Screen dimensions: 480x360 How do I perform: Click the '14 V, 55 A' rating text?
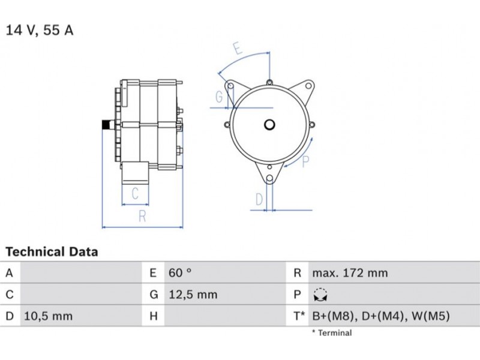(40, 30)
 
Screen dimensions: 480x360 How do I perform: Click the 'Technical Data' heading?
(52, 251)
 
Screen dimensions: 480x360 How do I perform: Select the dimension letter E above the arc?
(238, 47)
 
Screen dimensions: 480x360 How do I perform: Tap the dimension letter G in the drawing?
(219, 97)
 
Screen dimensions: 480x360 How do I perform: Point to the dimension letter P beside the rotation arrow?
(305, 161)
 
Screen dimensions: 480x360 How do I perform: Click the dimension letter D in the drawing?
(259, 200)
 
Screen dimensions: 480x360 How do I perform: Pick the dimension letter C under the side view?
(135, 193)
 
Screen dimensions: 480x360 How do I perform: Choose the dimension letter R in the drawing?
(142, 216)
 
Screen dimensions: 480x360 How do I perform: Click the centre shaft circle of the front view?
(269, 125)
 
